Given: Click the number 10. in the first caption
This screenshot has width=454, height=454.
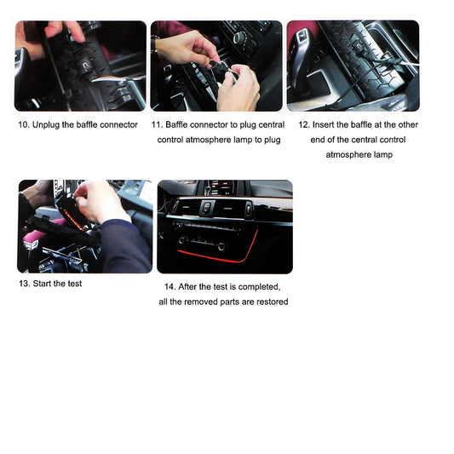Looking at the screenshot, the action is [24, 125].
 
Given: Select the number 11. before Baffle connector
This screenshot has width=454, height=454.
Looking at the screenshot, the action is [157, 125].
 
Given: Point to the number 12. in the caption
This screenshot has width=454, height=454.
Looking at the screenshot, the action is [304, 125].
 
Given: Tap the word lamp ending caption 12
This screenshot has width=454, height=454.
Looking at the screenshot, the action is [383, 155].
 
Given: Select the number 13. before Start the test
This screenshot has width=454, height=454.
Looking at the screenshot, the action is [25, 284].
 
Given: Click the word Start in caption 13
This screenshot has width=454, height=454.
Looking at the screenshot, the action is [43, 284].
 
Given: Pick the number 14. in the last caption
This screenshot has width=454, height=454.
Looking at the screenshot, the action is [170, 287].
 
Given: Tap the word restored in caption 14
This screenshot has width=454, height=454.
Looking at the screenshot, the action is [273, 302].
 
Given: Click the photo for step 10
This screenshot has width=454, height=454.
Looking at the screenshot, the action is [80, 66].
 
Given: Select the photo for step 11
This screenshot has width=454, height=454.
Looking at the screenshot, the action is [216, 66].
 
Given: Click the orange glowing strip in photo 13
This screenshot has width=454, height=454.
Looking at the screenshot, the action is [73, 219].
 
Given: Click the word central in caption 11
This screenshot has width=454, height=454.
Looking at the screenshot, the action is [272, 125].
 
